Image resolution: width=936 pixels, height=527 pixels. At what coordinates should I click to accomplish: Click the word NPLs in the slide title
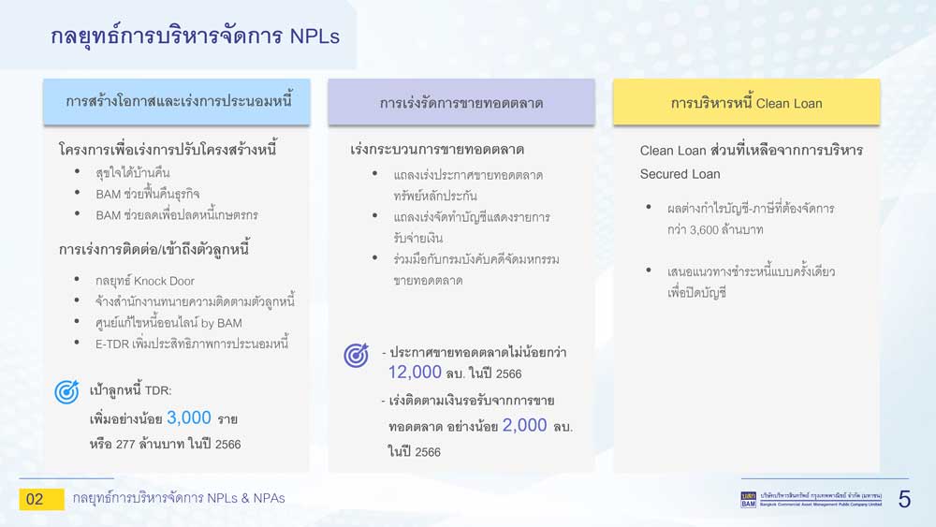(x=314, y=37)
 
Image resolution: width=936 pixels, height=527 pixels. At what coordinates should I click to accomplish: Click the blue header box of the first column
(x=177, y=101)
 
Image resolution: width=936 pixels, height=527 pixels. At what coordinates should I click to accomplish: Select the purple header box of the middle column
(x=461, y=102)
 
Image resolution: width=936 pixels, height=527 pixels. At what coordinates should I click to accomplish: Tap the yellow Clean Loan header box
(x=746, y=102)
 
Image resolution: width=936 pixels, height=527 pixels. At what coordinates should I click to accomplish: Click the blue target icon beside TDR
(x=66, y=391)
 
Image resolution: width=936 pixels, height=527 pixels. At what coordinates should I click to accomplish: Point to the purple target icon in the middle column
(x=356, y=355)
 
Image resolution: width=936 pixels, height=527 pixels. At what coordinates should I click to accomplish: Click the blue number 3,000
(x=189, y=417)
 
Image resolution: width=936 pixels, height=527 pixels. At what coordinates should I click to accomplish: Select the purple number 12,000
(x=415, y=372)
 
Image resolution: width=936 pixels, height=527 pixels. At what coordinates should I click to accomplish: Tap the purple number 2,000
(x=525, y=425)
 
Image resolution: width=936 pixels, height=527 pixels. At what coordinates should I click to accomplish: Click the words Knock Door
(x=164, y=281)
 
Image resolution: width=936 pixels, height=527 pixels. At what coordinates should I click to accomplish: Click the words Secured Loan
(x=680, y=174)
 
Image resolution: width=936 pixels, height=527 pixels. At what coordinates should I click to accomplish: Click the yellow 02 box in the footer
(x=41, y=499)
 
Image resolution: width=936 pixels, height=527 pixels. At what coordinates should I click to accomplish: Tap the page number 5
(x=904, y=499)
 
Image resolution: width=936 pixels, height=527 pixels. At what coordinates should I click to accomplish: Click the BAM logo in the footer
(x=749, y=500)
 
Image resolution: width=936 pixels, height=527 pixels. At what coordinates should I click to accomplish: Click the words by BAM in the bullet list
(x=222, y=323)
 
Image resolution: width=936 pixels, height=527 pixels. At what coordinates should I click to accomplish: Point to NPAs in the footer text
(x=269, y=498)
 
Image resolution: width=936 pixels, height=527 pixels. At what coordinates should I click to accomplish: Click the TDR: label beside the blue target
(x=158, y=390)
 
